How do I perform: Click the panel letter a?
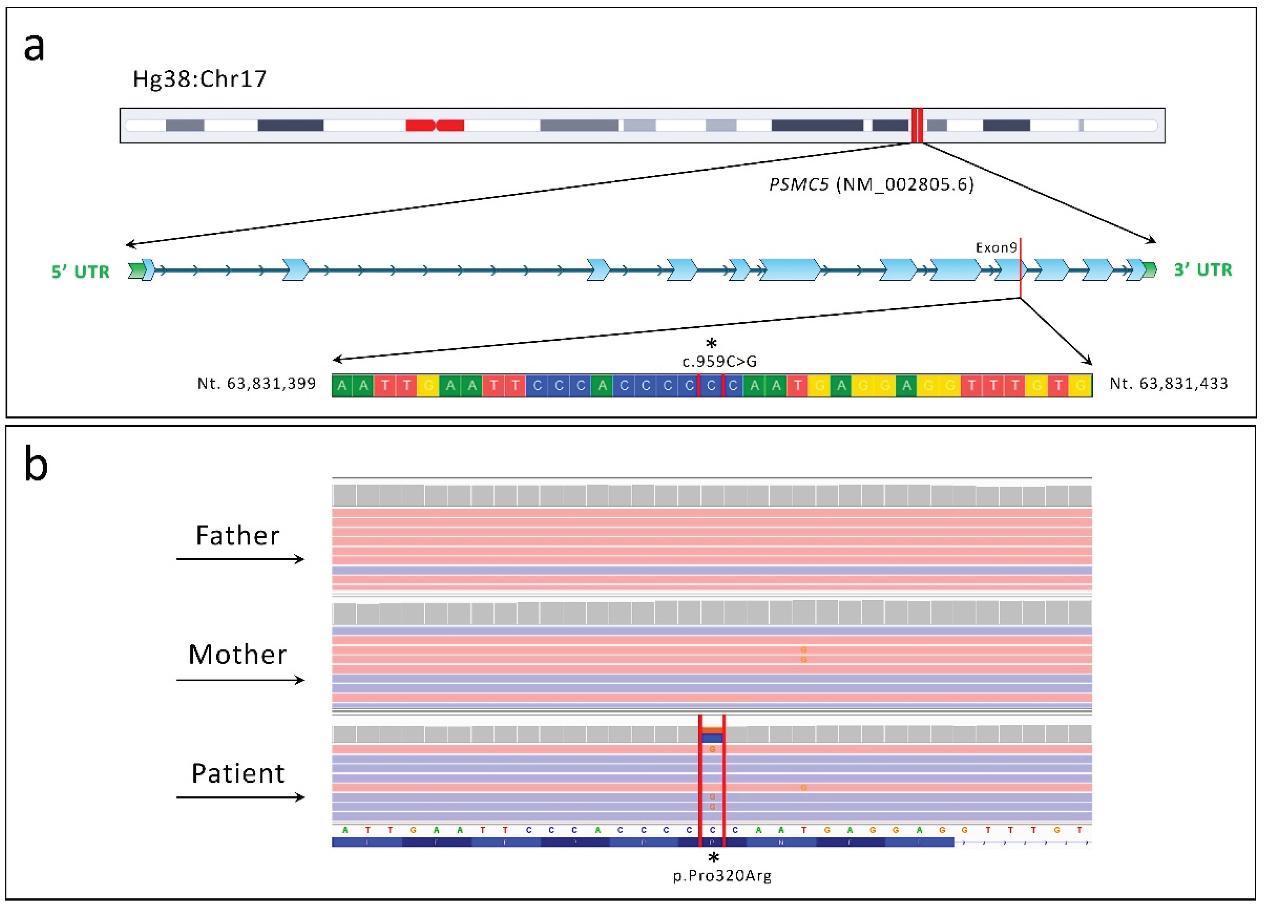[x=34, y=48]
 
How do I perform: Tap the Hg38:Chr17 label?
[x=199, y=79]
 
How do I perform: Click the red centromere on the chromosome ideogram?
[x=434, y=125]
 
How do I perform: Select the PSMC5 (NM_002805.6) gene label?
[x=871, y=185]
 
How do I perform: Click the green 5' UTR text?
[x=80, y=272]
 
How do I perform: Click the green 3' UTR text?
[x=1202, y=270]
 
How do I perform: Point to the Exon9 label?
[x=996, y=248]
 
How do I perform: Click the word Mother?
[x=237, y=655]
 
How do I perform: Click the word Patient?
[x=238, y=774]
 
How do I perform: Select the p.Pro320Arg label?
[x=722, y=876]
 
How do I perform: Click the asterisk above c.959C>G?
[x=711, y=343]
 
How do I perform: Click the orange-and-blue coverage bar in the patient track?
[x=712, y=734]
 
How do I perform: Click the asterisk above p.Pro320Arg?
[x=713, y=857]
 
